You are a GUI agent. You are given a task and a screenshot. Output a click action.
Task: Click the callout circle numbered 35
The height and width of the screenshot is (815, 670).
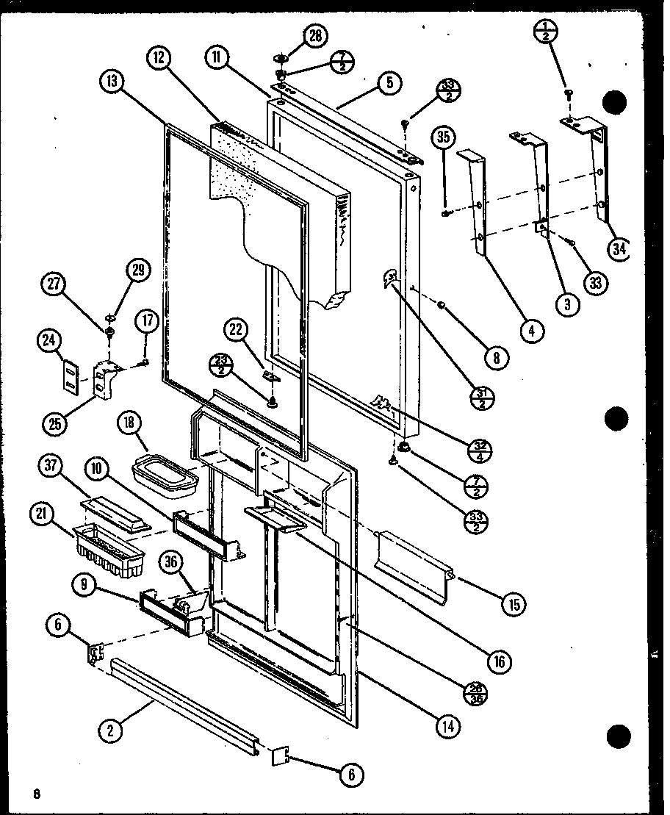(x=444, y=136)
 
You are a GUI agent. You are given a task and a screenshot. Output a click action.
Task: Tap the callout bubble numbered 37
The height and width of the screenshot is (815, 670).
(x=54, y=466)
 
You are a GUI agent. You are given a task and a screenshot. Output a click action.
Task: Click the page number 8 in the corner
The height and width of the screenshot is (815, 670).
(x=36, y=792)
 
